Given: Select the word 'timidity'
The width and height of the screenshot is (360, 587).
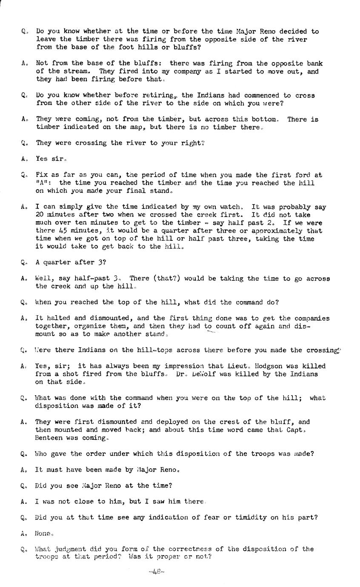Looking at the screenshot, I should [x=269, y=518].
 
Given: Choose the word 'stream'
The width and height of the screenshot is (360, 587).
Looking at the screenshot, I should [x=76, y=71].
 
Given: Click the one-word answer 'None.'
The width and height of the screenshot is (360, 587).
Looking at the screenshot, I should [x=44, y=533].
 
